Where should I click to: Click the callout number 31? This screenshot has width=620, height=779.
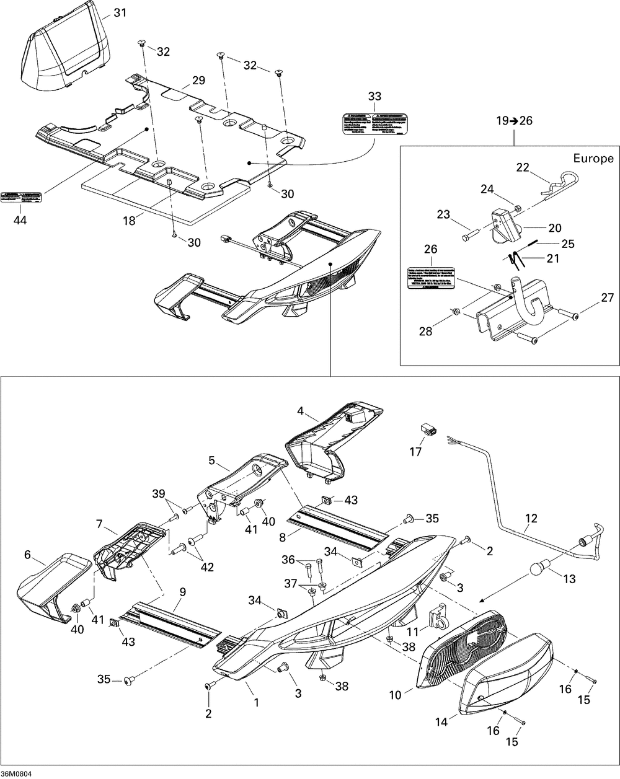[119, 12]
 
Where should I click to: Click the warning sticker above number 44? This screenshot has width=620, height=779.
[22, 196]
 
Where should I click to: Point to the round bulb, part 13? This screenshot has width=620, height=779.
[540, 569]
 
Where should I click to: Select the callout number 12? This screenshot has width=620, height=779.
[531, 517]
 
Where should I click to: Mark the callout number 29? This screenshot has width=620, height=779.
[198, 81]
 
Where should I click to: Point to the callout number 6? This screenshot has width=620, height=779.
[27, 555]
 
